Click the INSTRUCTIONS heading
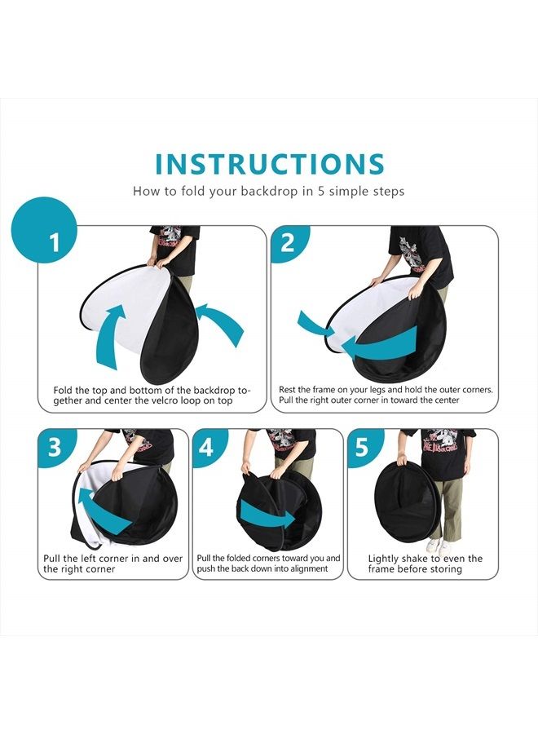pyautogui.click(x=270, y=164)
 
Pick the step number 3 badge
pyautogui.click(x=55, y=447)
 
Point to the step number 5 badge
pyautogui.click(x=364, y=447)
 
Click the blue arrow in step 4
pyautogui.click(x=267, y=515)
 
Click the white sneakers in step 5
pyautogui.click(x=439, y=546)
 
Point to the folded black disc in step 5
pyautogui.click(x=407, y=499)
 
